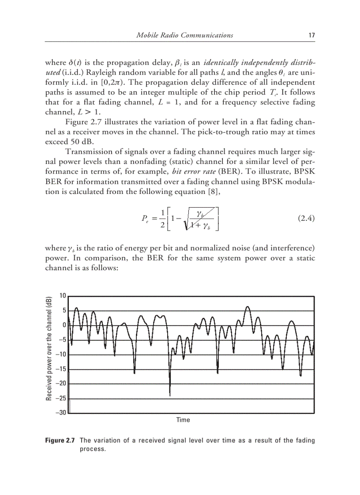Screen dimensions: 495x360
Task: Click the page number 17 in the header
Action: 311,35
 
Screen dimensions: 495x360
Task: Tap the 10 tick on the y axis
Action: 63,296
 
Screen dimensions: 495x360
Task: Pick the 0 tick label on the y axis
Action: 64,325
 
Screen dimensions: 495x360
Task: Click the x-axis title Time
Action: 183,420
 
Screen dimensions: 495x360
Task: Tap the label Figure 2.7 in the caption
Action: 60,440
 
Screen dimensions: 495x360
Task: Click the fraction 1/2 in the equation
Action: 162,219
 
